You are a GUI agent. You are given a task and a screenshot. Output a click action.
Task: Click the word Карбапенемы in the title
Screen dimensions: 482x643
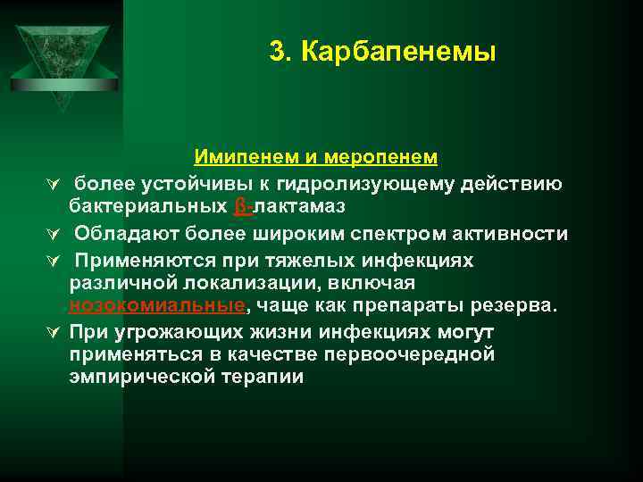[x=398, y=53]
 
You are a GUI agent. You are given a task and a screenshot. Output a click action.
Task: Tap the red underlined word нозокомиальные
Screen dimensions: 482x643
[x=156, y=306]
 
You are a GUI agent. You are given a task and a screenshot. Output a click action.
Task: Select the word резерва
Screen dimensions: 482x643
[x=516, y=306]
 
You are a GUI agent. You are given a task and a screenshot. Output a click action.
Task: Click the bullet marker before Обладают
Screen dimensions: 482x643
[x=55, y=235]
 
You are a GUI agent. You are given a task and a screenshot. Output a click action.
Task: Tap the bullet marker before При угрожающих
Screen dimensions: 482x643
[x=55, y=333]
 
